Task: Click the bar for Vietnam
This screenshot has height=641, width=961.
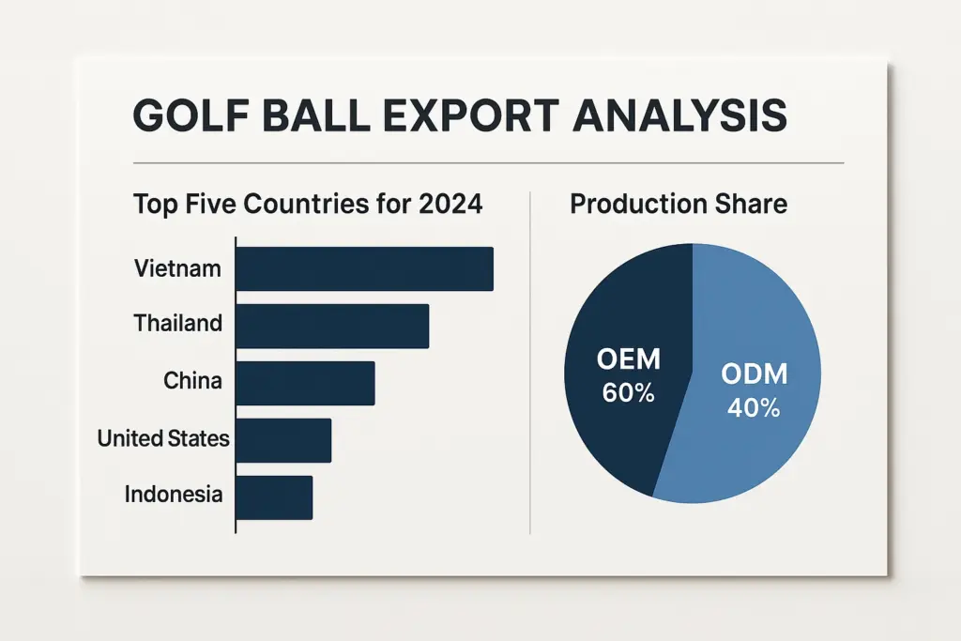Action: pyautogui.click(x=364, y=268)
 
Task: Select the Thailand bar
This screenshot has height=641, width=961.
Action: pyautogui.click(x=332, y=327)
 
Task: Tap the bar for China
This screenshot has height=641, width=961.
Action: pyautogui.click(x=305, y=383)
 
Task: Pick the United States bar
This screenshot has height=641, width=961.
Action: pyautogui.click(x=283, y=440)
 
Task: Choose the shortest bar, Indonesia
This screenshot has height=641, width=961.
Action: pyautogui.click(x=273, y=497)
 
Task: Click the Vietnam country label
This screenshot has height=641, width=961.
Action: pyautogui.click(x=177, y=268)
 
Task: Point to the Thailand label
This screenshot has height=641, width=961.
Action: pyautogui.click(x=177, y=324)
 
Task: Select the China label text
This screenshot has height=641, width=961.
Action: pyautogui.click(x=192, y=381)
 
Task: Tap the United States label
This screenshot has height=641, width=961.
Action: pyautogui.click(x=163, y=437)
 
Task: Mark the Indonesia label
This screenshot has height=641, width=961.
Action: pyautogui.click(x=174, y=495)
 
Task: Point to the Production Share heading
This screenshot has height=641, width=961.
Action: pyautogui.click(x=679, y=204)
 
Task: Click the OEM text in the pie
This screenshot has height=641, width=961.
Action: pyautogui.click(x=629, y=359)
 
